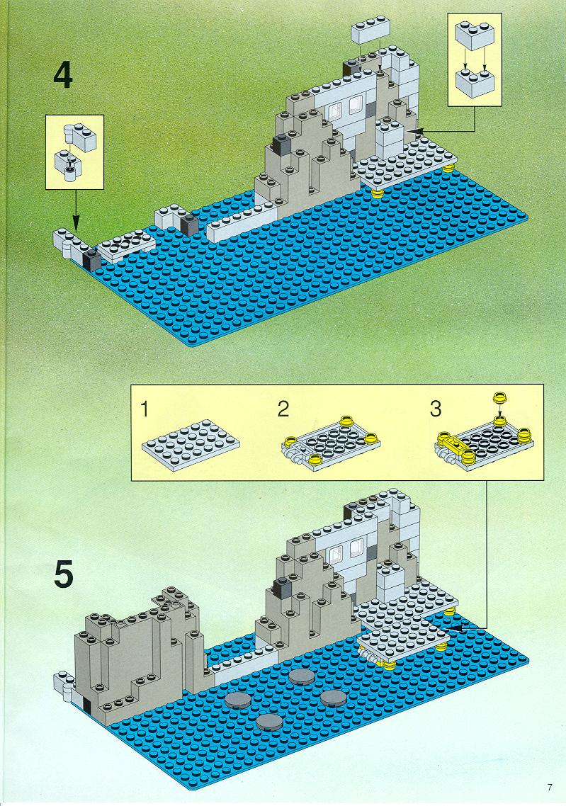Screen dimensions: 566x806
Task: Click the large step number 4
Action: tap(63, 76)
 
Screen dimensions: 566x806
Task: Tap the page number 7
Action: tap(550, 788)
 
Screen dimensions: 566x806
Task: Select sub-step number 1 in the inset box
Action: tap(145, 409)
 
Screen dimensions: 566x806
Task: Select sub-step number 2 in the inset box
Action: tap(283, 409)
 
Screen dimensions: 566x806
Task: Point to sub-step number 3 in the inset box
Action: tap(436, 409)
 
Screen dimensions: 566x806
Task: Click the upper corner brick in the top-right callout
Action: tap(475, 34)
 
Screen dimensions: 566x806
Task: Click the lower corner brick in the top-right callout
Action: tap(475, 83)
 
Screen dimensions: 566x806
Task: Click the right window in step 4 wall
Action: tap(355, 105)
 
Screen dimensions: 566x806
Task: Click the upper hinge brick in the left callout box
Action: tap(80, 135)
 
